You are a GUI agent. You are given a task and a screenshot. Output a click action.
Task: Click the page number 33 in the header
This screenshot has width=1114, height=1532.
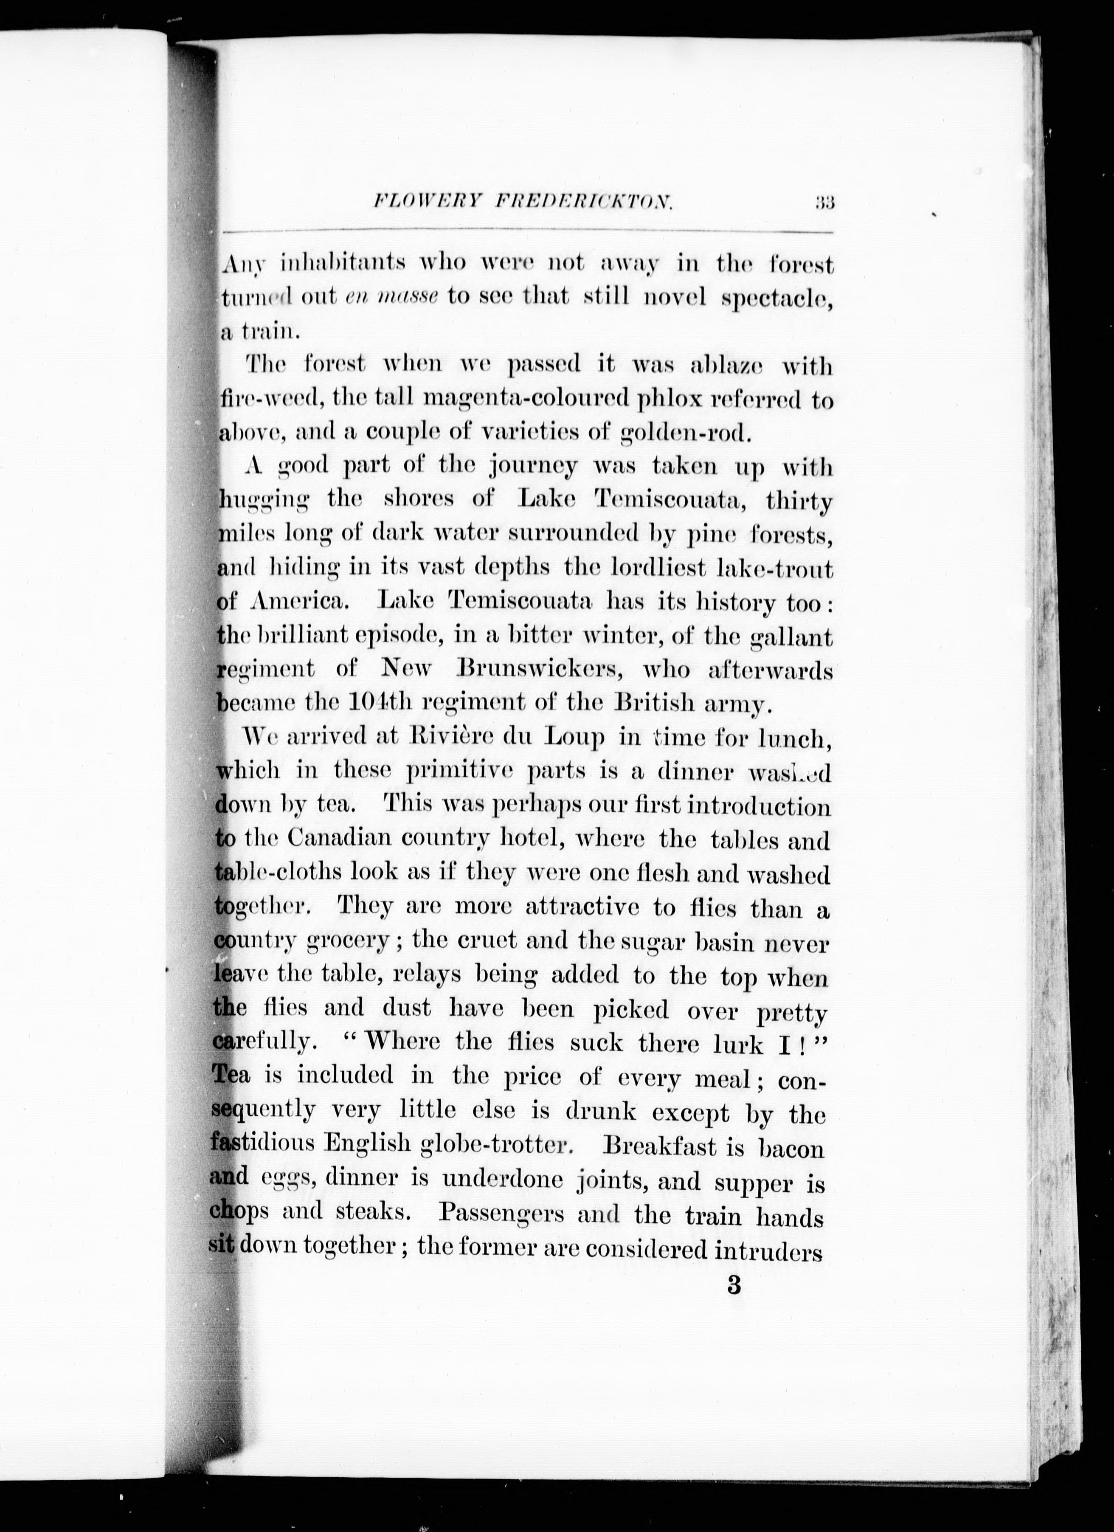(x=825, y=202)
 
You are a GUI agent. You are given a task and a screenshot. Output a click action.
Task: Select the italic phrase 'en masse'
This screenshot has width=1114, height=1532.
(x=392, y=297)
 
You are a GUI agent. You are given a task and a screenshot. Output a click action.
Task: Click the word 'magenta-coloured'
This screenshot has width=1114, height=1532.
(x=526, y=400)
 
